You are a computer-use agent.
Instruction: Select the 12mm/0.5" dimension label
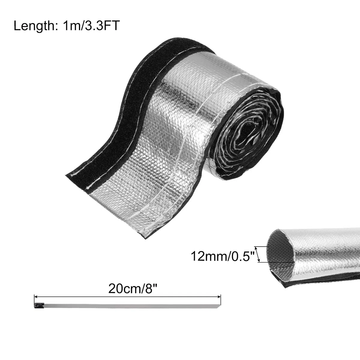pos(223,256)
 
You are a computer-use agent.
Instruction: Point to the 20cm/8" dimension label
pos(133,289)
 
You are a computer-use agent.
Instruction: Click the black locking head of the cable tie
pos(39,305)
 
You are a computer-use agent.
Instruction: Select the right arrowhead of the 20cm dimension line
pos(219,296)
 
